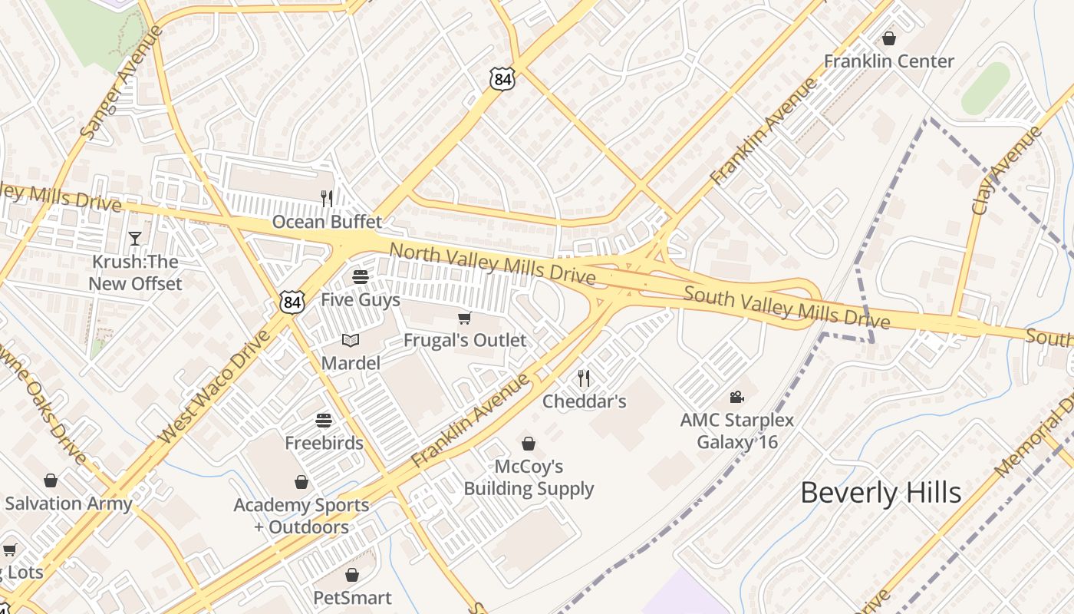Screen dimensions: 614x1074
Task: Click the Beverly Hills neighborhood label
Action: pyautogui.click(x=881, y=493)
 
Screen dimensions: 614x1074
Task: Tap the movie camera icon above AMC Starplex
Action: pyautogui.click(x=736, y=397)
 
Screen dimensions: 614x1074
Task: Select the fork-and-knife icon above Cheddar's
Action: pyautogui.click(x=584, y=378)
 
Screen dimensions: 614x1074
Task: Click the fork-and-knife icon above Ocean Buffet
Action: pyautogui.click(x=327, y=199)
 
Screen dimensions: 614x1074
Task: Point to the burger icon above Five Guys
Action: pyautogui.click(x=360, y=276)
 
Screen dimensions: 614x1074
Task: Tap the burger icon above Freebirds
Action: pyautogui.click(x=324, y=420)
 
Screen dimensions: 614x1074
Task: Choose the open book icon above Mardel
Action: pyautogui.click(x=351, y=340)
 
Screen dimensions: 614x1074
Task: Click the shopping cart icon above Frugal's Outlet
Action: pyautogui.click(x=464, y=318)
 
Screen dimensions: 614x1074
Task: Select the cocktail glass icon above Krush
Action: pyautogui.click(x=135, y=239)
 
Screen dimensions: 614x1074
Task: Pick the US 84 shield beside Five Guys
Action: pyautogui.click(x=292, y=302)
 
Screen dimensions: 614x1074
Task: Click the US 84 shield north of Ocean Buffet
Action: pyautogui.click(x=502, y=78)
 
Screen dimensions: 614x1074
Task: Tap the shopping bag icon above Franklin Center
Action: pyautogui.click(x=889, y=38)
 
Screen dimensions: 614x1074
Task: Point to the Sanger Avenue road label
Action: pyautogui.click(x=122, y=82)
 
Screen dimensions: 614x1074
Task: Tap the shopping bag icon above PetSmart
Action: pyautogui.click(x=352, y=575)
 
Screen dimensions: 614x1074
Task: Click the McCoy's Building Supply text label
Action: pyautogui.click(x=529, y=477)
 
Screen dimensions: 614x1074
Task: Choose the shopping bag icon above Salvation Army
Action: pyautogui.click(x=51, y=480)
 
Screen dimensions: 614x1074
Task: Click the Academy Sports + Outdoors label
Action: pyautogui.click(x=301, y=516)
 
